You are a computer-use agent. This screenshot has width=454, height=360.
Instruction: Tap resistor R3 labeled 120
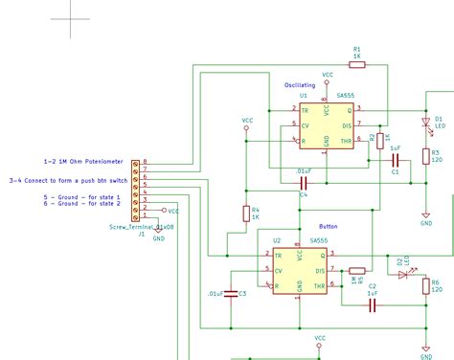(x=425, y=156)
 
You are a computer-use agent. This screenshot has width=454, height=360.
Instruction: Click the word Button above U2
(x=327, y=227)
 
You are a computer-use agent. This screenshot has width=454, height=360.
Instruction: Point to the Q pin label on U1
(x=349, y=111)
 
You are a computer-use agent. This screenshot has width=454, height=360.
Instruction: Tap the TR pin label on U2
(x=277, y=256)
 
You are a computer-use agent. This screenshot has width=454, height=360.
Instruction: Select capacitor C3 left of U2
(x=231, y=293)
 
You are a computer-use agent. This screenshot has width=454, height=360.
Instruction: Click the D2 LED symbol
(x=402, y=271)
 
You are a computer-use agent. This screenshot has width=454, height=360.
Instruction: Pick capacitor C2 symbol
(x=373, y=304)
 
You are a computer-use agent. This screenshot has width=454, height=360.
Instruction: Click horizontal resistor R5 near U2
(x=356, y=271)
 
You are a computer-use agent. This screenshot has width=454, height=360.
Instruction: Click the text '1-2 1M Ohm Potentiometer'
(x=83, y=162)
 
